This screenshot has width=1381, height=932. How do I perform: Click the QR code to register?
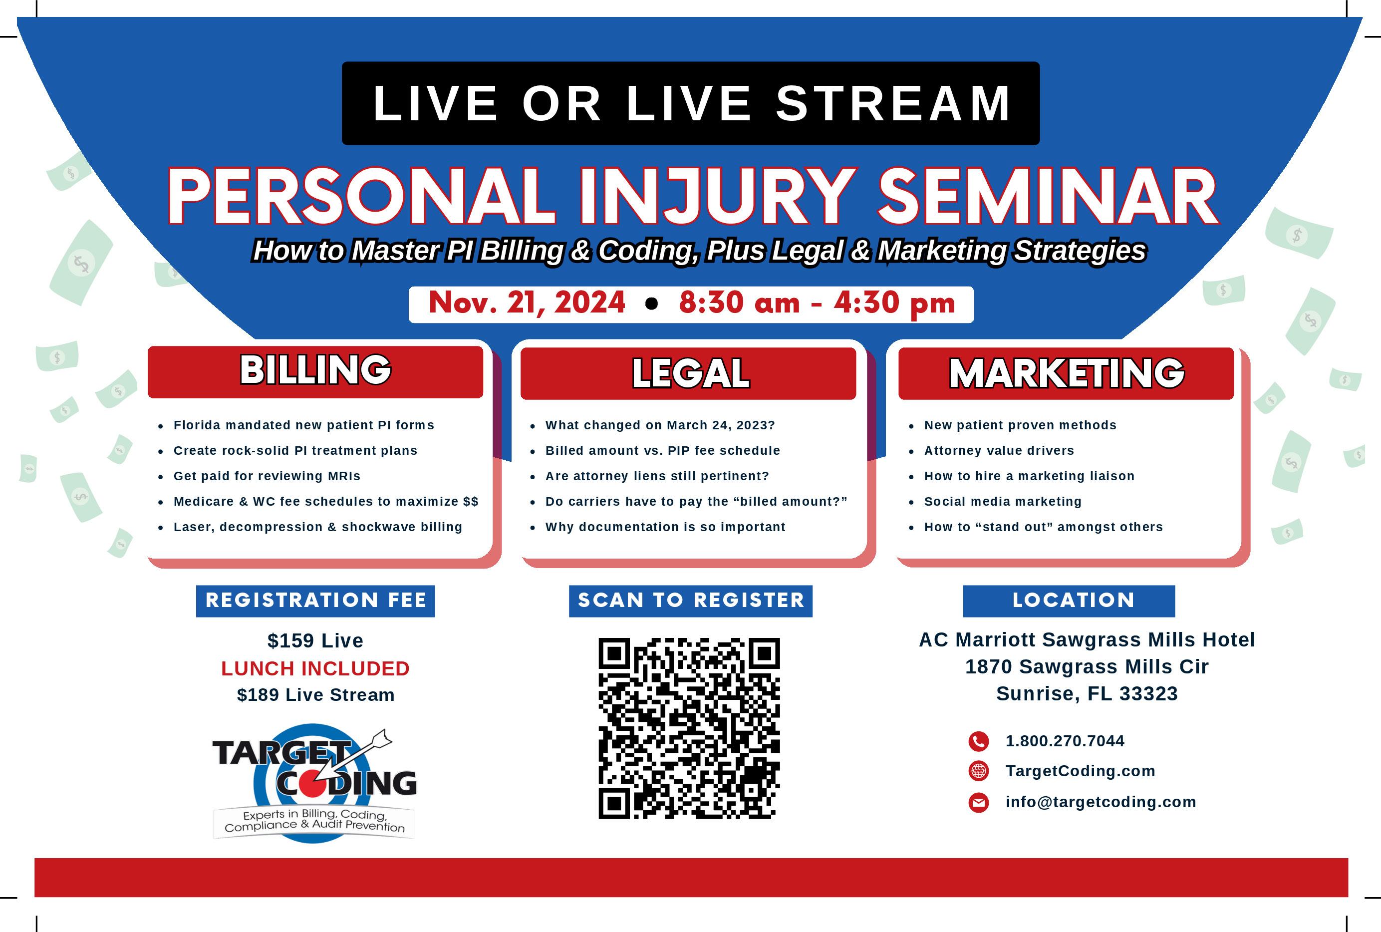[689, 728]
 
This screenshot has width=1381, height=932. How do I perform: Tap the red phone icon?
[978, 741]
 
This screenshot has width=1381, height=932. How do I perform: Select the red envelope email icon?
[978, 802]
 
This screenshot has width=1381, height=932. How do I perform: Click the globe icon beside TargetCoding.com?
[978, 771]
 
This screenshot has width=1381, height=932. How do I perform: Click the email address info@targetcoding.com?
[1101, 802]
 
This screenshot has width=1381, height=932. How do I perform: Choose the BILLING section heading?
[315, 370]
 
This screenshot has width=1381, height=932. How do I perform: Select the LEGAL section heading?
[691, 373]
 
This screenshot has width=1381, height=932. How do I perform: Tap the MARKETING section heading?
[1066, 373]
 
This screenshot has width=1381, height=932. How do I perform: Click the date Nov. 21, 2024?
[527, 303]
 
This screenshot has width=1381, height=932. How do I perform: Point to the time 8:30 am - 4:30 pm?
[817, 303]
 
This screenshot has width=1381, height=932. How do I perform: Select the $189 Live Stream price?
[315, 695]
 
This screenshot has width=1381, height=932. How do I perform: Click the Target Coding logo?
[314, 782]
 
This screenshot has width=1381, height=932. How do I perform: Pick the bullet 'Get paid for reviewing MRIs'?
[267, 476]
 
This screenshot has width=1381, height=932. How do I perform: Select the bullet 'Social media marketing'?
[1003, 502]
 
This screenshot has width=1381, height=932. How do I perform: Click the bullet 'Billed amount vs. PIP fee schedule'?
[663, 451]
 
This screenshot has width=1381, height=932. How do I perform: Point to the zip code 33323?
[1148, 694]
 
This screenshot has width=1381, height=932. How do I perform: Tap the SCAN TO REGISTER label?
[691, 601]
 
